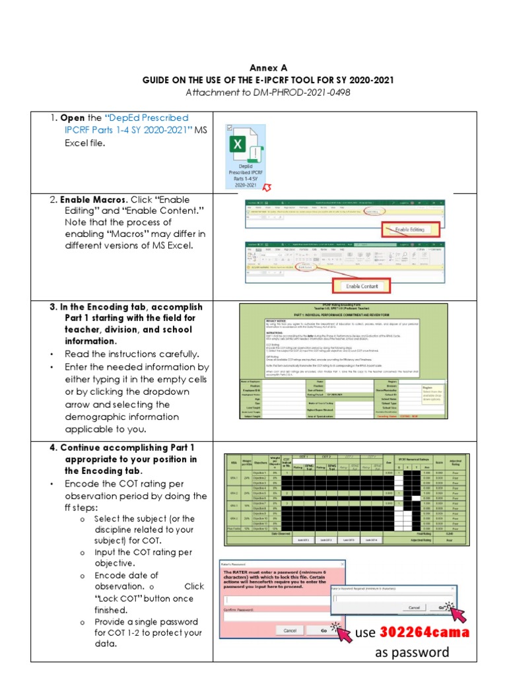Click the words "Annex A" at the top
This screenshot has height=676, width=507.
click(268, 67)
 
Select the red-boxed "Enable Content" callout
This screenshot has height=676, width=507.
click(361, 287)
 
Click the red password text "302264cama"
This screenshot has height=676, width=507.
click(424, 633)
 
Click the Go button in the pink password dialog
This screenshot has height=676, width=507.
click(324, 630)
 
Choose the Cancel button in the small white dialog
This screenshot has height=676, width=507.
click(413, 607)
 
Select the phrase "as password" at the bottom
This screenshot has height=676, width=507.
click(412, 653)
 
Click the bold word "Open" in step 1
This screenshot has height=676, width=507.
click(73, 118)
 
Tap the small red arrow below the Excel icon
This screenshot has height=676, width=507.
click(267, 189)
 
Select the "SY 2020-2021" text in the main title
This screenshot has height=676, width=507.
click(363, 80)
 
